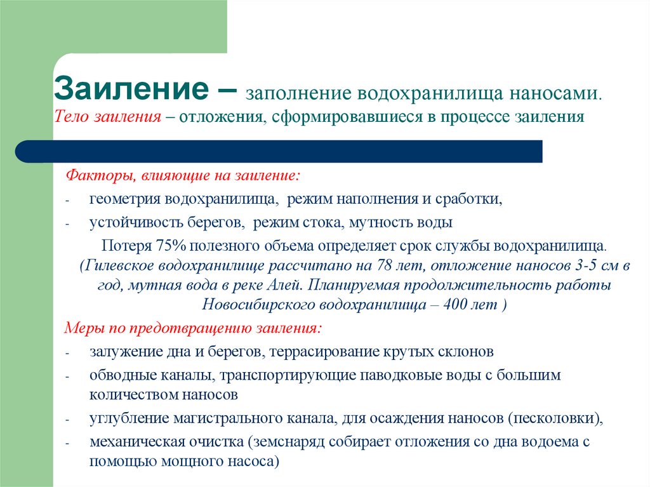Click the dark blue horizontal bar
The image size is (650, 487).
pyautogui.click(x=279, y=151)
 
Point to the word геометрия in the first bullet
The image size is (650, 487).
pyautogui.click(x=125, y=199)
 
